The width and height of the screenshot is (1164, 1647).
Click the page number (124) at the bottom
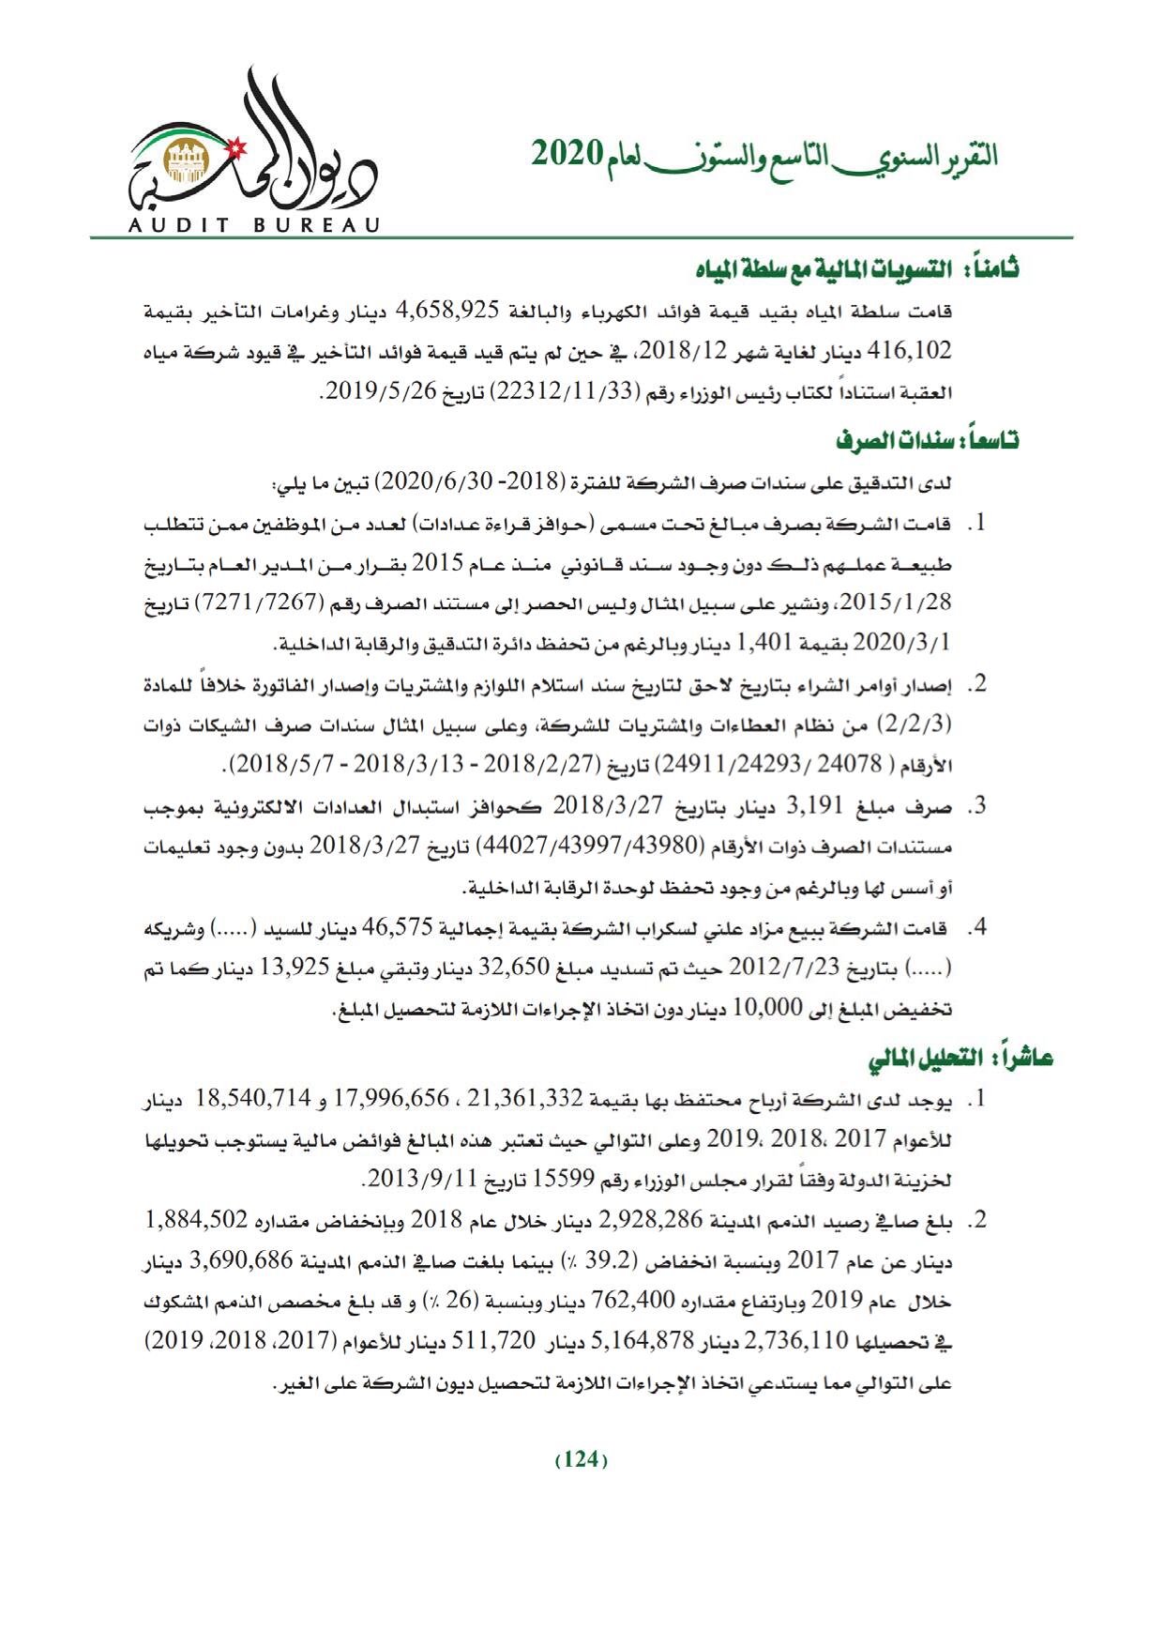coord(582,1459)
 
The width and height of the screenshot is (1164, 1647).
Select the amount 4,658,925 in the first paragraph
coord(454,309)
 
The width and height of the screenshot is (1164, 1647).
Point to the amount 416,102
coord(909,351)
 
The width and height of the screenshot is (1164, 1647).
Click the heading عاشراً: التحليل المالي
coord(959,1060)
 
